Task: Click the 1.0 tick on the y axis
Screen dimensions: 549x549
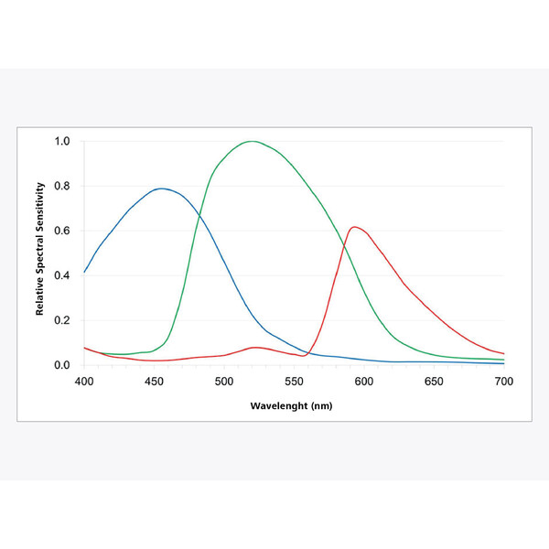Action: click(62, 142)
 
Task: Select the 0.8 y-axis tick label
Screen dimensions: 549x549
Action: click(62, 187)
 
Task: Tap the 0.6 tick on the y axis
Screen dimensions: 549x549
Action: click(62, 231)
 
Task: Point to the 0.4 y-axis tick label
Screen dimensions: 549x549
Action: click(62, 276)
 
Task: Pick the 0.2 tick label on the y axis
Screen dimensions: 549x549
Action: click(62, 321)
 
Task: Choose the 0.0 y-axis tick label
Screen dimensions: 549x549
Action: click(62, 365)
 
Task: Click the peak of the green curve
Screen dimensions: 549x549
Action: click(252, 141)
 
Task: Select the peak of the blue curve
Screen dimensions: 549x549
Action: click(162, 188)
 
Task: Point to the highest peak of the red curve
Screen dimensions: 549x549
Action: click(355, 227)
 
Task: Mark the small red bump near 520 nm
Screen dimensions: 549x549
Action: click(255, 348)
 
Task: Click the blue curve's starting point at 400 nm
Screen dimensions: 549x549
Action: click(85, 272)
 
